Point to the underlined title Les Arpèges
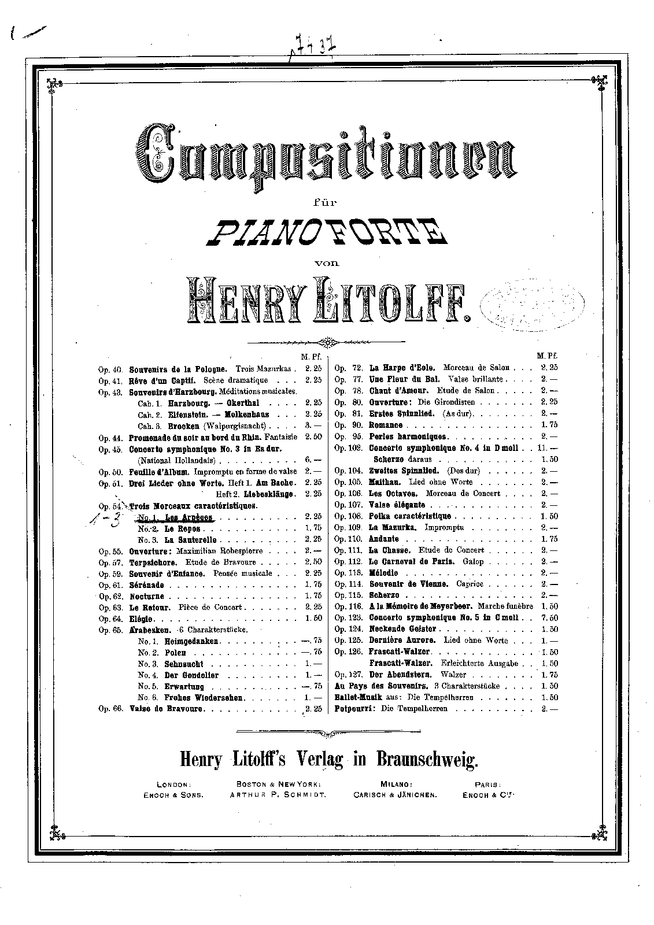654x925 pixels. click(189, 517)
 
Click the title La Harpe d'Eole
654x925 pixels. click(403, 368)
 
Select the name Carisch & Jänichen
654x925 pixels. click(396, 795)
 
